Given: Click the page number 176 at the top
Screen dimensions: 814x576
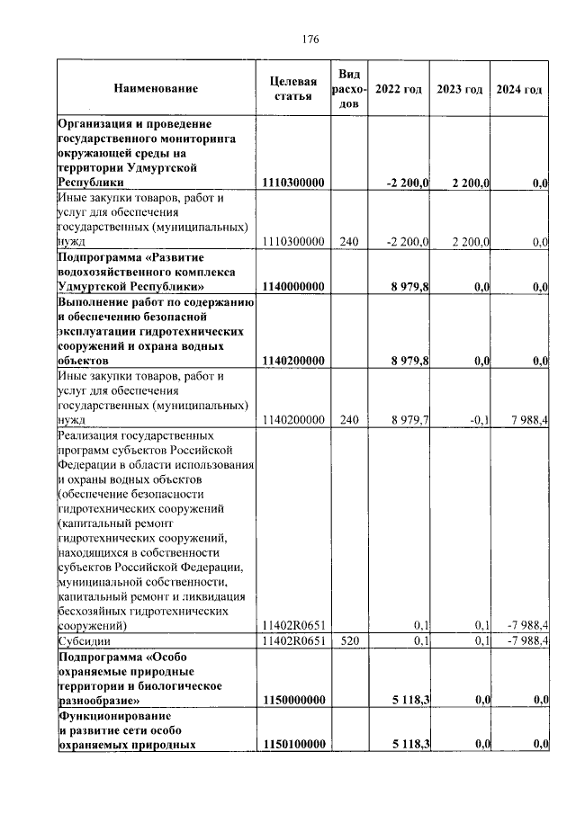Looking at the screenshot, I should pos(311,39).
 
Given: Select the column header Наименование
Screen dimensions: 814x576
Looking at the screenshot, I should pos(156,89).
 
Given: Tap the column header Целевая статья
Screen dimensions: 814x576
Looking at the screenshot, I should pos(293,89).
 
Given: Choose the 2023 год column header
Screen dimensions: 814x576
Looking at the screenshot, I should pos(459,89).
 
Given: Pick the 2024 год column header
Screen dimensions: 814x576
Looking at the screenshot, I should pos(519,89).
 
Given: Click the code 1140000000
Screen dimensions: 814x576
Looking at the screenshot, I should pos(293,287).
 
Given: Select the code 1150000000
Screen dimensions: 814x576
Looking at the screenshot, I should pos(293,699).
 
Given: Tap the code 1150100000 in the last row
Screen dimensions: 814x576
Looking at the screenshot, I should pos(293,744).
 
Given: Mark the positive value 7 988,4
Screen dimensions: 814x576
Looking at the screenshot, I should pos(528,419).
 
